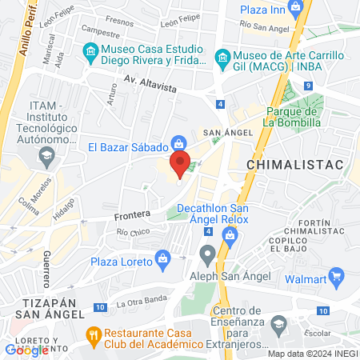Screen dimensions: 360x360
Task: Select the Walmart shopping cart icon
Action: click(337, 278)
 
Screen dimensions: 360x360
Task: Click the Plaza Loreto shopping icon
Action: click(163, 258)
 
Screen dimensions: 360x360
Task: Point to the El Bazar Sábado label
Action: click(127, 146)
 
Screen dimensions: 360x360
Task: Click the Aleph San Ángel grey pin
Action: click(208, 256)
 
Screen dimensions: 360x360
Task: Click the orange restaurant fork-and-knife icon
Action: click(94, 332)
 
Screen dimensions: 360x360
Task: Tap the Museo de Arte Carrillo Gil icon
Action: click(222, 58)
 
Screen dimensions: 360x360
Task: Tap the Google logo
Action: click(26, 350)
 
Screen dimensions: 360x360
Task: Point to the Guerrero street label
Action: click(47, 269)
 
